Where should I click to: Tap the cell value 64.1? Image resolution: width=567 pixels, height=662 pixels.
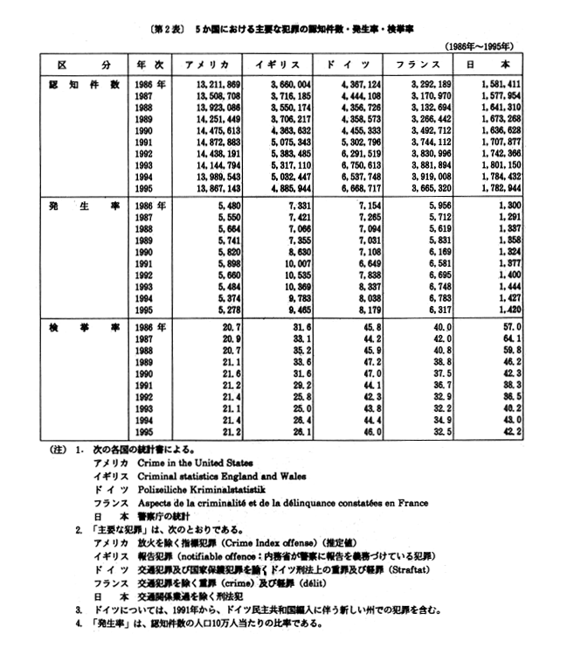[x=516, y=337]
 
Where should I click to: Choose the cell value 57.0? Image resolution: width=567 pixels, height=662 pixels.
[x=516, y=325]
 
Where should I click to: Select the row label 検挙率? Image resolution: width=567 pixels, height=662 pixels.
[x=79, y=325]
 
